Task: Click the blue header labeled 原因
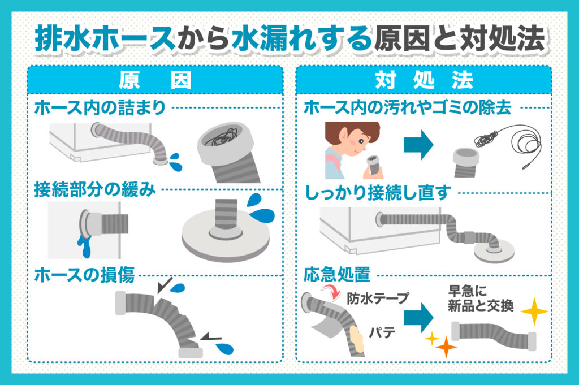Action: (x=155, y=80)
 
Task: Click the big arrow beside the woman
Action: (x=418, y=145)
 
